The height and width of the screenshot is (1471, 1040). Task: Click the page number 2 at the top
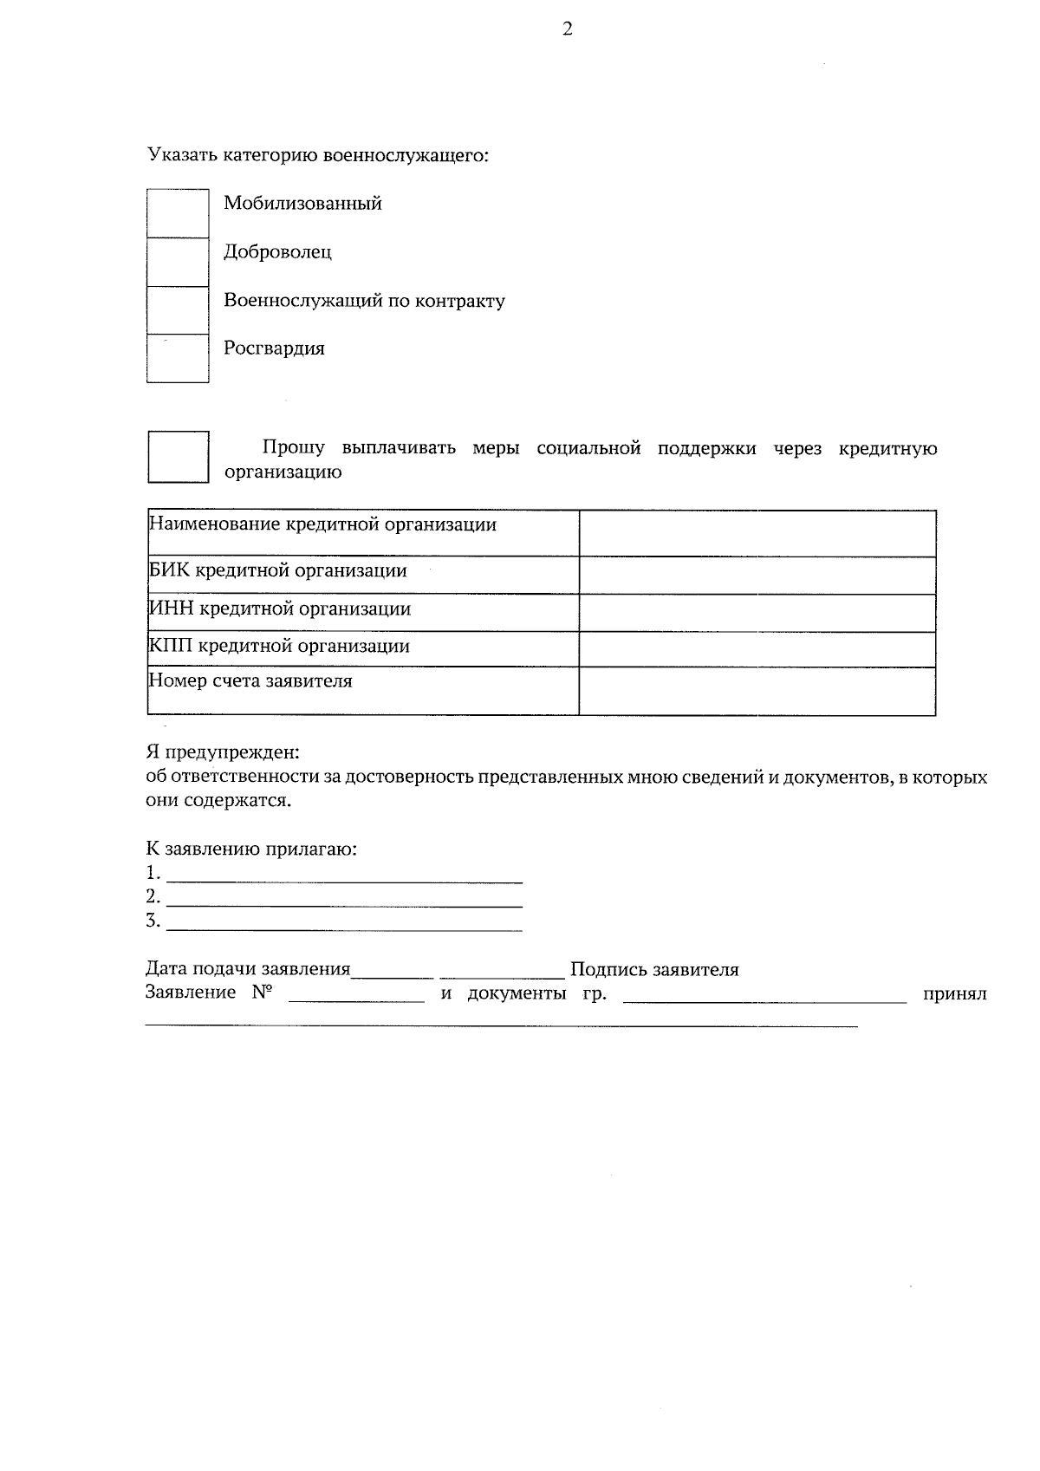[x=568, y=29]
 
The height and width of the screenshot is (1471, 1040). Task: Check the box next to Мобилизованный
[x=178, y=213]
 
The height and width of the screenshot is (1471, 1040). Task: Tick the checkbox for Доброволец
[x=178, y=262]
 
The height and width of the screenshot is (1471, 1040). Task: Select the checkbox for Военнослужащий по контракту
[x=178, y=310]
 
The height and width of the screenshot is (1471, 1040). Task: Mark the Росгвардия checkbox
[x=178, y=358]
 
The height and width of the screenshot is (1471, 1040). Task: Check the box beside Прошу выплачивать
[x=178, y=457]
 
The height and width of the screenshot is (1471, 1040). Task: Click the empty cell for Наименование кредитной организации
[x=757, y=533]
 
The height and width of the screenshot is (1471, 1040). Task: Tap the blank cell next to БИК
[x=757, y=575]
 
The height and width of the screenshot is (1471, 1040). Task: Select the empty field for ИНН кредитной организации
[x=757, y=613]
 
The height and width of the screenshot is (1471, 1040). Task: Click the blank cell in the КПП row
[x=757, y=649]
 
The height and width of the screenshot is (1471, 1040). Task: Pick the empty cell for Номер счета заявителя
[x=757, y=691]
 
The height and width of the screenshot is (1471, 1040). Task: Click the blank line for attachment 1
[x=344, y=875]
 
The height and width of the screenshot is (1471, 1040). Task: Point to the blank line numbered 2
[x=344, y=900]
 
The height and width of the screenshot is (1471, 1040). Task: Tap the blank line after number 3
[x=344, y=924]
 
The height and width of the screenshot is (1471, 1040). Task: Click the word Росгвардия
[x=274, y=348]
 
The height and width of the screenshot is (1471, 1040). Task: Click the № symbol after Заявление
[x=263, y=993]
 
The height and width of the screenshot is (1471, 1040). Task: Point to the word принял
[x=954, y=994]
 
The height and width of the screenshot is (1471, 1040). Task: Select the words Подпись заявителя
[x=654, y=970]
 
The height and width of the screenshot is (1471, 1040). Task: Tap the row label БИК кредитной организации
[x=278, y=571]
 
